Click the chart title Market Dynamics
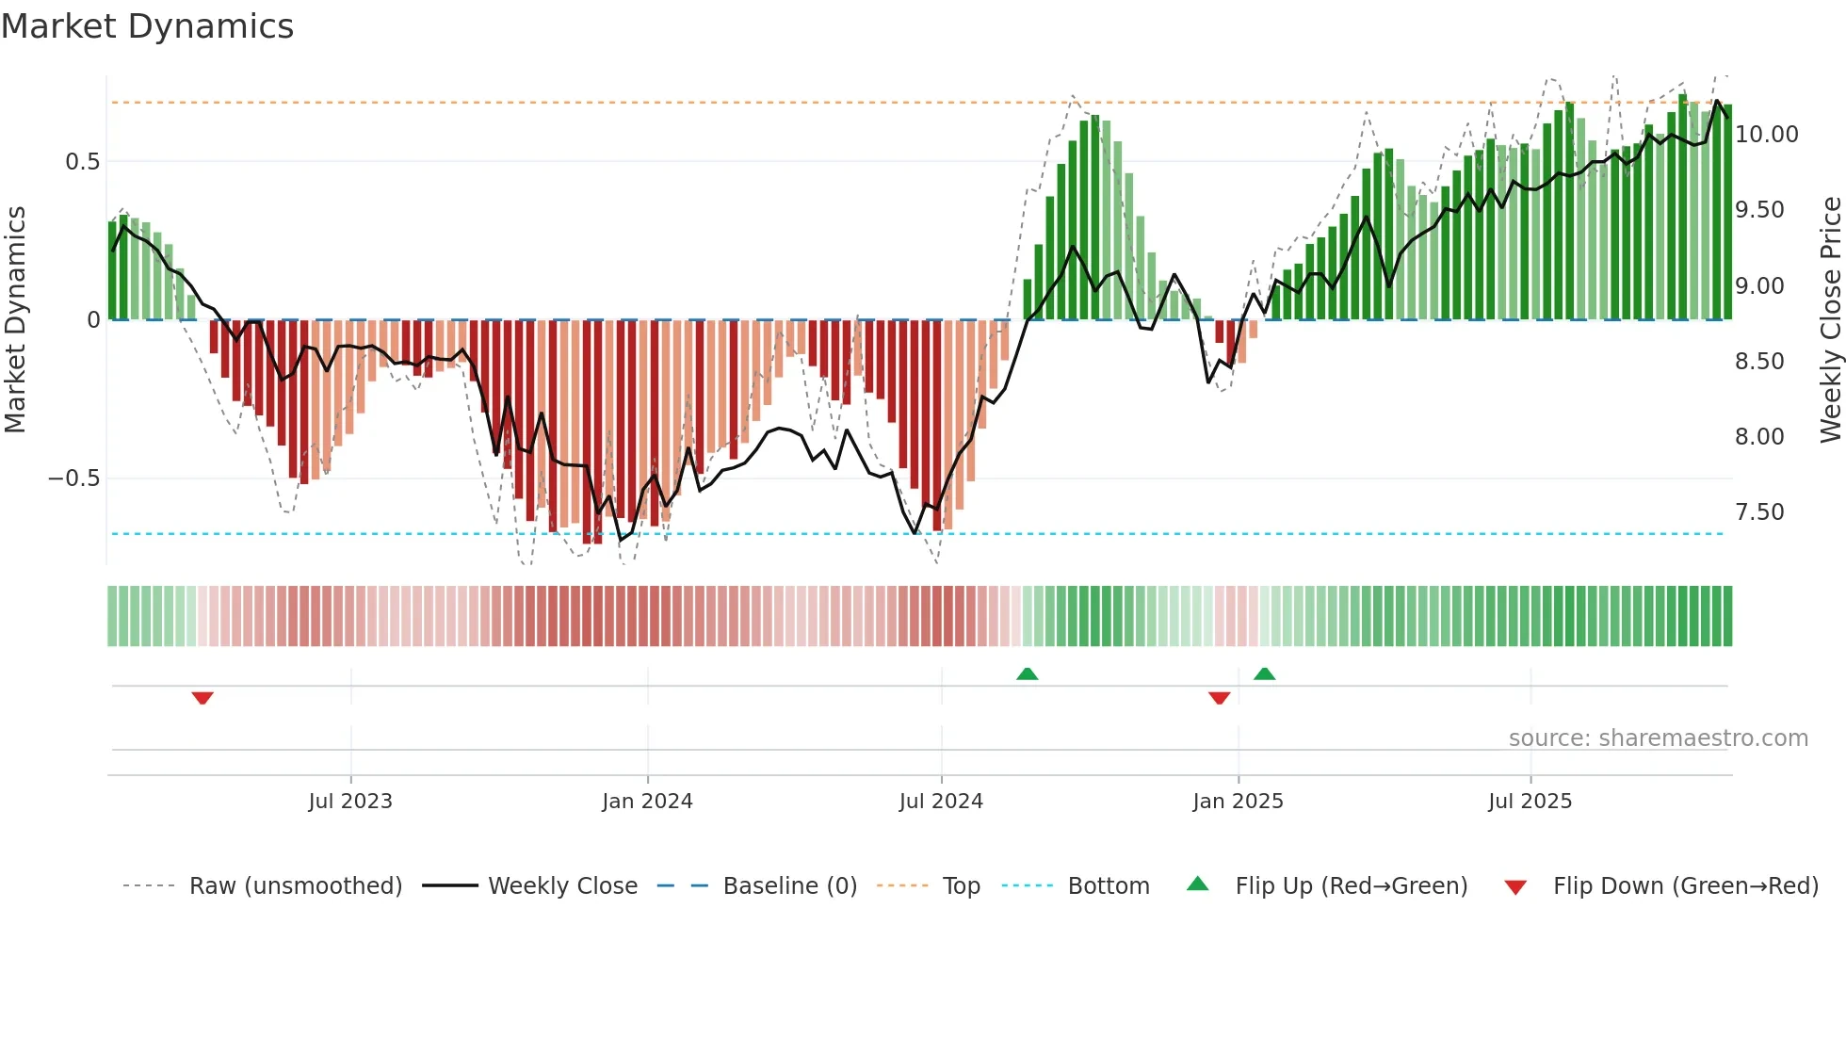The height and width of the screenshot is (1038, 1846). point(147,26)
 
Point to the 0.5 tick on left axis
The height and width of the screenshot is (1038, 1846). point(82,162)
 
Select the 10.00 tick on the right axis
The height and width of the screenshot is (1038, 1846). point(1766,135)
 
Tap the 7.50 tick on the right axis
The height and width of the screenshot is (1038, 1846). point(1759,512)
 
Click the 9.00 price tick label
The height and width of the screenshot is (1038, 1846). point(1759,286)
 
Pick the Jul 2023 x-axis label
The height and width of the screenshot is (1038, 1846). point(350,802)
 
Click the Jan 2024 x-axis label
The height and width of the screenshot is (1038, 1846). point(647,802)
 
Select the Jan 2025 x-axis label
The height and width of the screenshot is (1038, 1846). point(1238,802)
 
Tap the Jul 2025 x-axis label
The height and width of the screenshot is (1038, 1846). point(1530,802)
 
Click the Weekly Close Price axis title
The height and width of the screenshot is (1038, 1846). point(1830,320)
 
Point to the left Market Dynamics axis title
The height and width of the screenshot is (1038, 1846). point(15,320)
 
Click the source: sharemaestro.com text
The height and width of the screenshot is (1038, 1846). point(1658,738)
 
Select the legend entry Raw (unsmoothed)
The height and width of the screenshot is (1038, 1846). point(295,886)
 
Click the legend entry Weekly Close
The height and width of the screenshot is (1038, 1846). point(562,886)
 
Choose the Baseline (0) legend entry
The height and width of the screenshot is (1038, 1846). point(789,886)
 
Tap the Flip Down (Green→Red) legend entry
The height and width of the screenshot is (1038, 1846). point(1685,886)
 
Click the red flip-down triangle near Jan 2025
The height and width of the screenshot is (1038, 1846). point(1219,698)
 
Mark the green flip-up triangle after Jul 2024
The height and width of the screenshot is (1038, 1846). point(1027,673)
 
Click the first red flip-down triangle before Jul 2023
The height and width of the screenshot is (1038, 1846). point(202,698)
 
